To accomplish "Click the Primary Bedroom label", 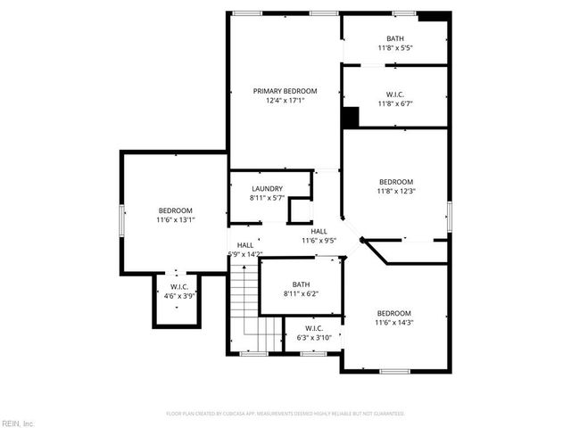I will [285, 91].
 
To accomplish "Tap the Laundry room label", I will [267, 188].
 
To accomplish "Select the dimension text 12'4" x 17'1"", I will [285, 101].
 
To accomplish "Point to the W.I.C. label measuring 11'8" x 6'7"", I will [395, 94].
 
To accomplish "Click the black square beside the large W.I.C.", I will [351, 117].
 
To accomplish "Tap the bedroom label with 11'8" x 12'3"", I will [396, 181].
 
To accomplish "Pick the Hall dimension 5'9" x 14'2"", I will [244, 254].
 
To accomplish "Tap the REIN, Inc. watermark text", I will [17, 422].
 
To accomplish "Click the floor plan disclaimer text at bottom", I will [285, 414].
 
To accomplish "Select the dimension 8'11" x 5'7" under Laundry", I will [267, 198].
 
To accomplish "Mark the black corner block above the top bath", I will [433, 16].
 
